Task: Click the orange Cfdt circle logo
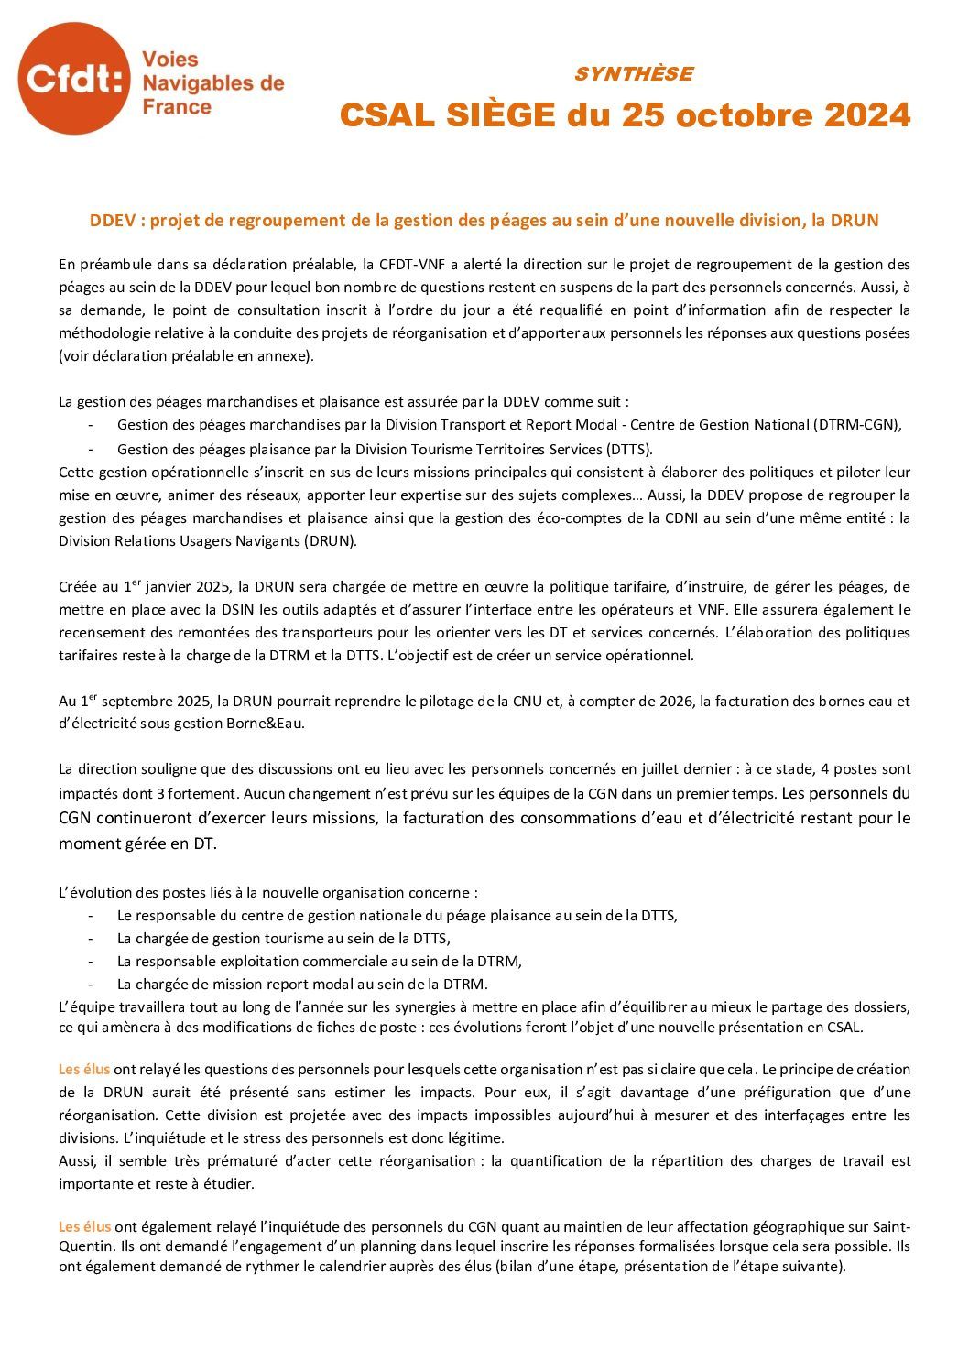[74, 79]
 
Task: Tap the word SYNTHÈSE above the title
[634, 74]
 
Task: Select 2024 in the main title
[867, 115]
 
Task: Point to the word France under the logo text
[177, 107]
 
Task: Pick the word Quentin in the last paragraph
[85, 1246]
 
